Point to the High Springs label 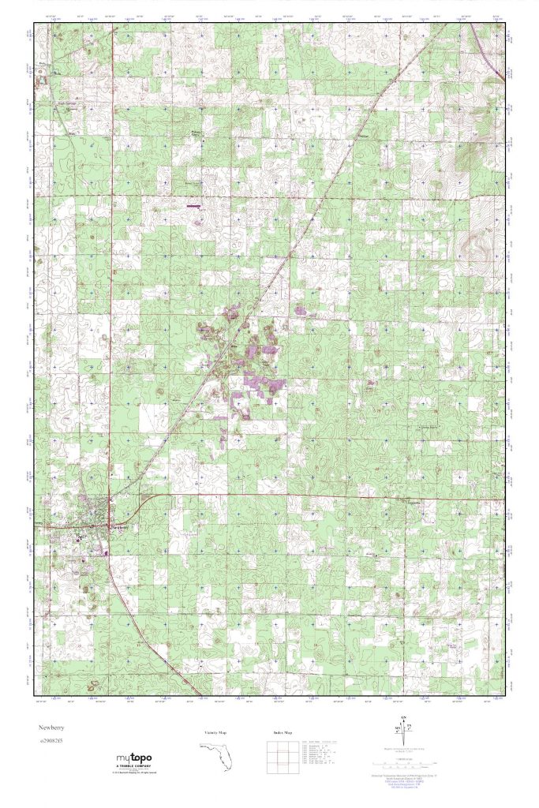coord(67,103)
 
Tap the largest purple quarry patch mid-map coord(258,386)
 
